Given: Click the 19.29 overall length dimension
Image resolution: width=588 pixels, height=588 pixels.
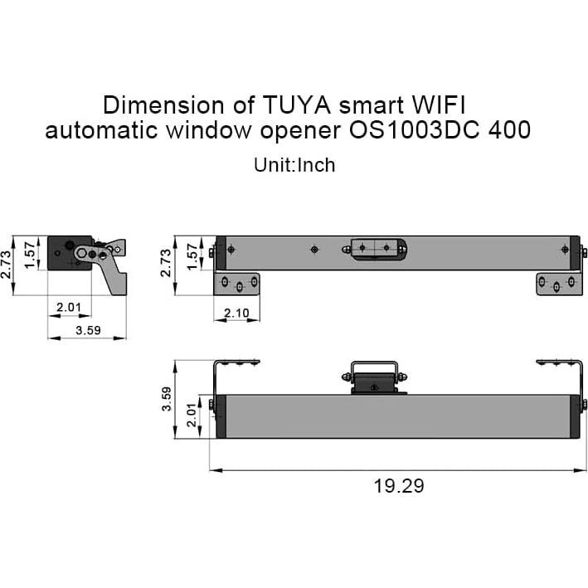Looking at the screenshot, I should click(399, 485).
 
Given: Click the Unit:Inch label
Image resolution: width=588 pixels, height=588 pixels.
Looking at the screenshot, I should click(294, 164).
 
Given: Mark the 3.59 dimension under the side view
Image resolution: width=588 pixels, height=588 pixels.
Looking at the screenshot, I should click(87, 329).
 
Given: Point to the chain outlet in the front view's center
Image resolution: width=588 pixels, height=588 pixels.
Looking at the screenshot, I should click(377, 248).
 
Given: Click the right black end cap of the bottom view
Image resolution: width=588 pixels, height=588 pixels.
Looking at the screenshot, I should click(572, 416).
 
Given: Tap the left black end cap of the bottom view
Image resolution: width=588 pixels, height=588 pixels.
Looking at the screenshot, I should click(219, 416).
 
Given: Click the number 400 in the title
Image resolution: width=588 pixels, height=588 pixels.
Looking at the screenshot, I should click(510, 131).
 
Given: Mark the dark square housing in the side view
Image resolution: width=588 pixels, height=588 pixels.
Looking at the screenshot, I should click(65, 252).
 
